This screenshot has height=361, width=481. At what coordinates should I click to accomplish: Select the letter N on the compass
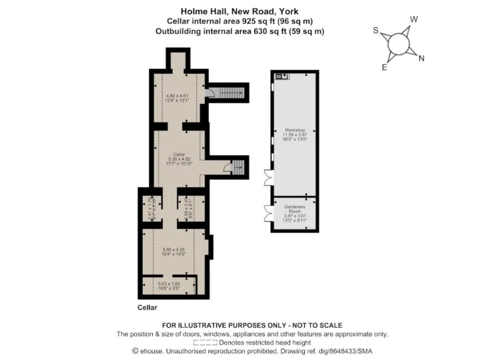[x=421, y=59]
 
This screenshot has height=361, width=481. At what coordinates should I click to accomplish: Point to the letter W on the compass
[x=413, y=19]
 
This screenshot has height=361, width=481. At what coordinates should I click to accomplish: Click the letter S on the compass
[x=375, y=30]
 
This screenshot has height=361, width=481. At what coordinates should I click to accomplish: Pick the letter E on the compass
[x=384, y=68]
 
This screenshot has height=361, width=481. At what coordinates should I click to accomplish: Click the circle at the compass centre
[x=398, y=44]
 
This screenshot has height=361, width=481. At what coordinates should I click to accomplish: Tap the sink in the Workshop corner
[x=281, y=76]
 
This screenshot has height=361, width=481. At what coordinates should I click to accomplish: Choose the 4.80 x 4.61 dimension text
[x=177, y=96]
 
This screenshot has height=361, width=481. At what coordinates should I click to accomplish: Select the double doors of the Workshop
[x=268, y=177]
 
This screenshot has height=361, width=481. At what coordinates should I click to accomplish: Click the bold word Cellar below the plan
[x=147, y=308]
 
